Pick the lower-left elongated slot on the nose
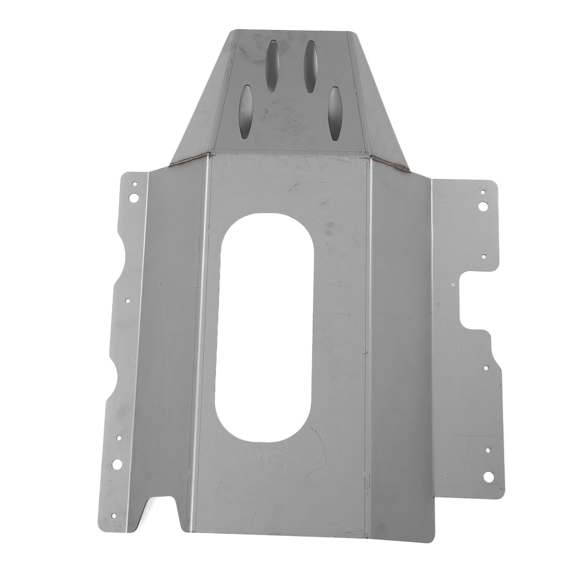pos(246,112)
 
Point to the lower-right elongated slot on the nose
pos(336,114)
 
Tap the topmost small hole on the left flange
pos(135,184)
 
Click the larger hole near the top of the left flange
pos(134,197)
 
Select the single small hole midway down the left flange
pos(127,300)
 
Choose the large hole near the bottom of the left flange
pos(117,464)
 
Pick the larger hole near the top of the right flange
pos(483,206)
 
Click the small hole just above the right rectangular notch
pos(484,257)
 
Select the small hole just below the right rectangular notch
pos(485,368)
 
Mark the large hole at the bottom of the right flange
pos(489,477)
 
